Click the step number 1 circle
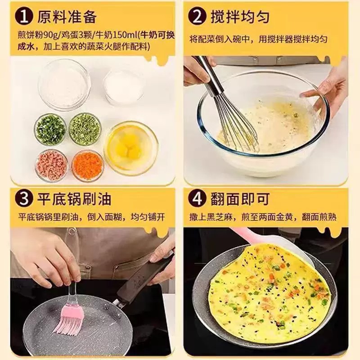click(x=24, y=17)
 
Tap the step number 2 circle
click(x=197, y=17)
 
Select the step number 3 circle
click(x=24, y=199)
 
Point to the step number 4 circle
click(x=197, y=199)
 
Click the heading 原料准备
click(x=67, y=17)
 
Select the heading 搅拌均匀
click(x=240, y=17)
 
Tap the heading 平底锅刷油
click(x=74, y=199)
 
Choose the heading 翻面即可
click(x=240, y=199)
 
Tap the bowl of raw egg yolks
click(x=131, y=147)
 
